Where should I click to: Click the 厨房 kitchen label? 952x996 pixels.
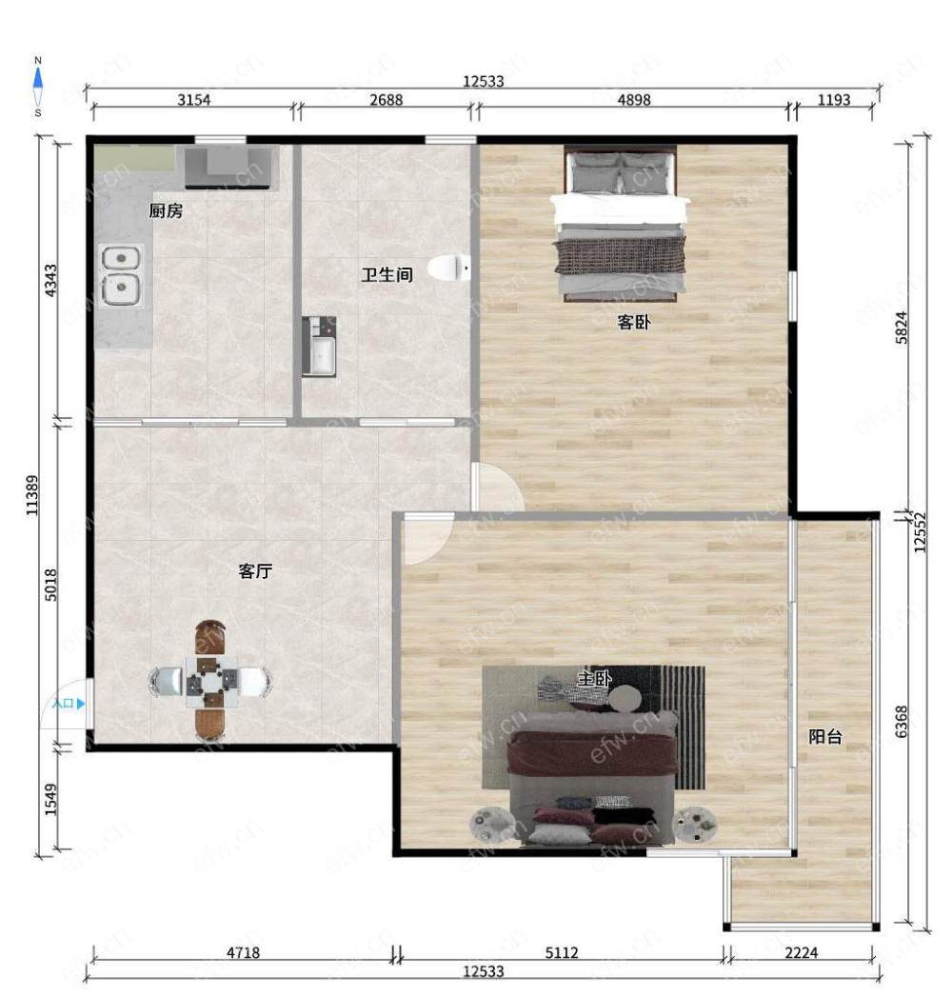coord(166,210)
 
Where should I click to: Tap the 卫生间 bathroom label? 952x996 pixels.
coord(387,274)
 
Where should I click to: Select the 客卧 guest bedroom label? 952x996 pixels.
coord(633,322)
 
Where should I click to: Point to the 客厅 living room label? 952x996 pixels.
coord(255,571)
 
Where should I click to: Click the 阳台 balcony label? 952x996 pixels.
coord(825,736)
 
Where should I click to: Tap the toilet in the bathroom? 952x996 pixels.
coord(449,268)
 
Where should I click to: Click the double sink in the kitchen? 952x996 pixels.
coord(121,276)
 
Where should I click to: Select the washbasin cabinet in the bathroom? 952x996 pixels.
coord(319,347)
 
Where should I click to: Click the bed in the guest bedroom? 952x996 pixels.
coord(620,223)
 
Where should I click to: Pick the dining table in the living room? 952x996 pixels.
coord(211,682)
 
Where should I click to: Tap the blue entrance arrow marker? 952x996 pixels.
coord(81,703)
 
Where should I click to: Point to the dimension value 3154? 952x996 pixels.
coord(193,100)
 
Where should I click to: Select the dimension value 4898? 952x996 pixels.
coord(634,100)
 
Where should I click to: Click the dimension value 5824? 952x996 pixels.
coord(902,328)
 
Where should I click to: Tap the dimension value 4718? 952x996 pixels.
coord(244,952)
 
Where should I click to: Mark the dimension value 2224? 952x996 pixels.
coord(802,952)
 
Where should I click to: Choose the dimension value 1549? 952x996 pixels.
coord(50,800)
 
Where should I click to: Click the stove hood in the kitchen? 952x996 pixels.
coord(231,168)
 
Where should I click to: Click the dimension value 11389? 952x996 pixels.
coord(31,495)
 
